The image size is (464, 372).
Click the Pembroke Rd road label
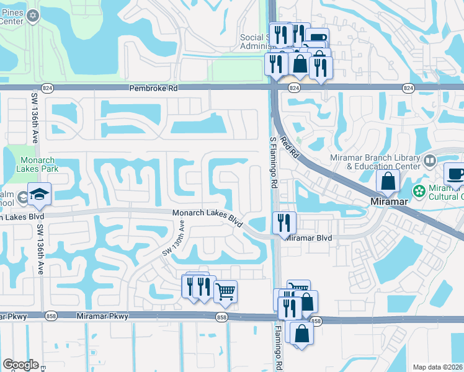[153, 89]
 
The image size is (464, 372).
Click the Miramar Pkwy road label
[102, 316]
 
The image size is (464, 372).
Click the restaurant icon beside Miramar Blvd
[284, 222]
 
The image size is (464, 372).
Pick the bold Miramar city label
[388, 202]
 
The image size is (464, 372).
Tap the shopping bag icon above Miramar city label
[388, 182]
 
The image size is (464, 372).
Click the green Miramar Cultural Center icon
[419, 190]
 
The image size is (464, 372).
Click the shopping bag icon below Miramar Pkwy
[301, 334]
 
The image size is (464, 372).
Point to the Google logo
[20, 365]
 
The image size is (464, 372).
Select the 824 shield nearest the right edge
[408, 89]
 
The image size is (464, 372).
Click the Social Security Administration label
[256, 42]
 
